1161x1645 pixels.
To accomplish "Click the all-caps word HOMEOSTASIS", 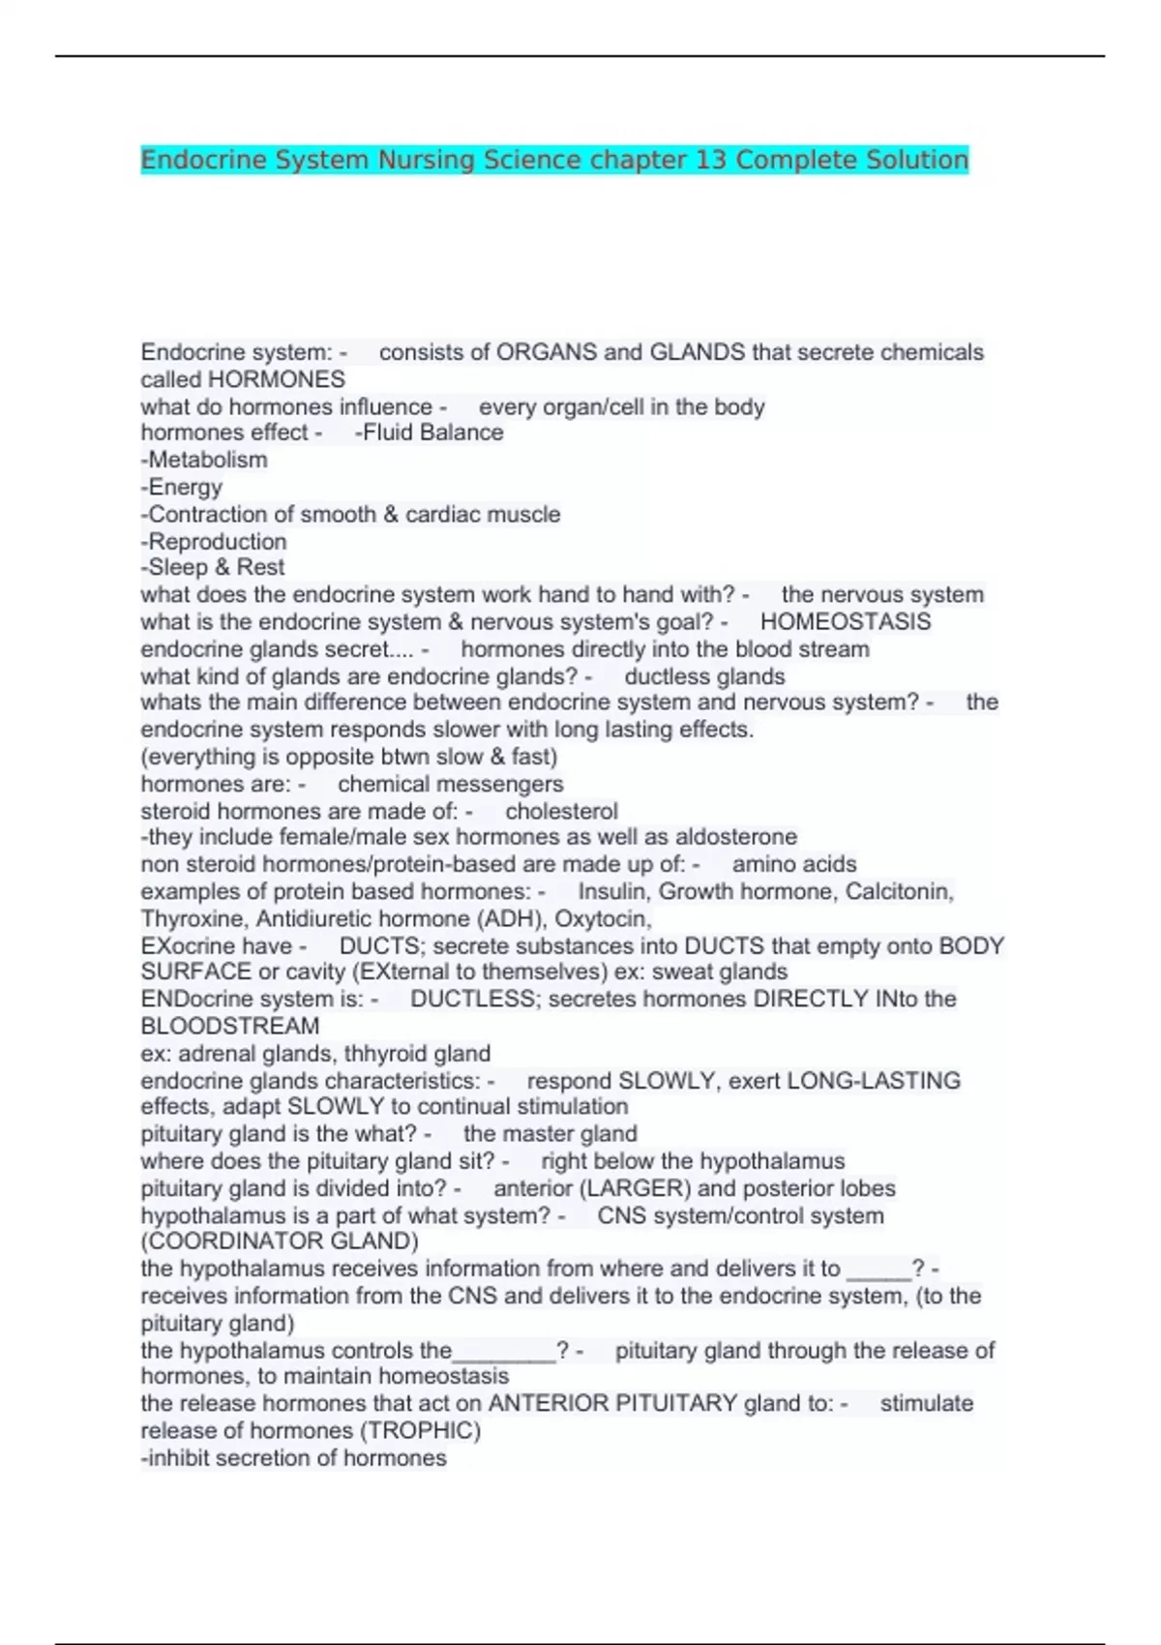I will point(846,621).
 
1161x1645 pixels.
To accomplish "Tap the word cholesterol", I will point(561,811).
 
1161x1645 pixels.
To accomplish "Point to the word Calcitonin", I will point(899,891).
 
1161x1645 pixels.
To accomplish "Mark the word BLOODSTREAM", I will point(230,1026).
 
